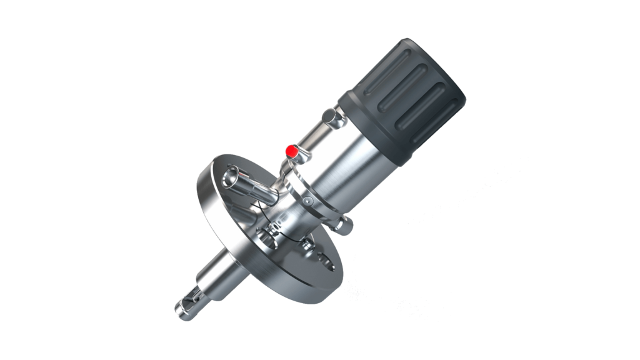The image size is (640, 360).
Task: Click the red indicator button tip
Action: (x=291, y=151)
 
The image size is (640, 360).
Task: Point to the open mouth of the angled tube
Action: (x=234, y=172)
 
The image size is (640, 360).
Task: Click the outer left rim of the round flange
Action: (x=202, y=200)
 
